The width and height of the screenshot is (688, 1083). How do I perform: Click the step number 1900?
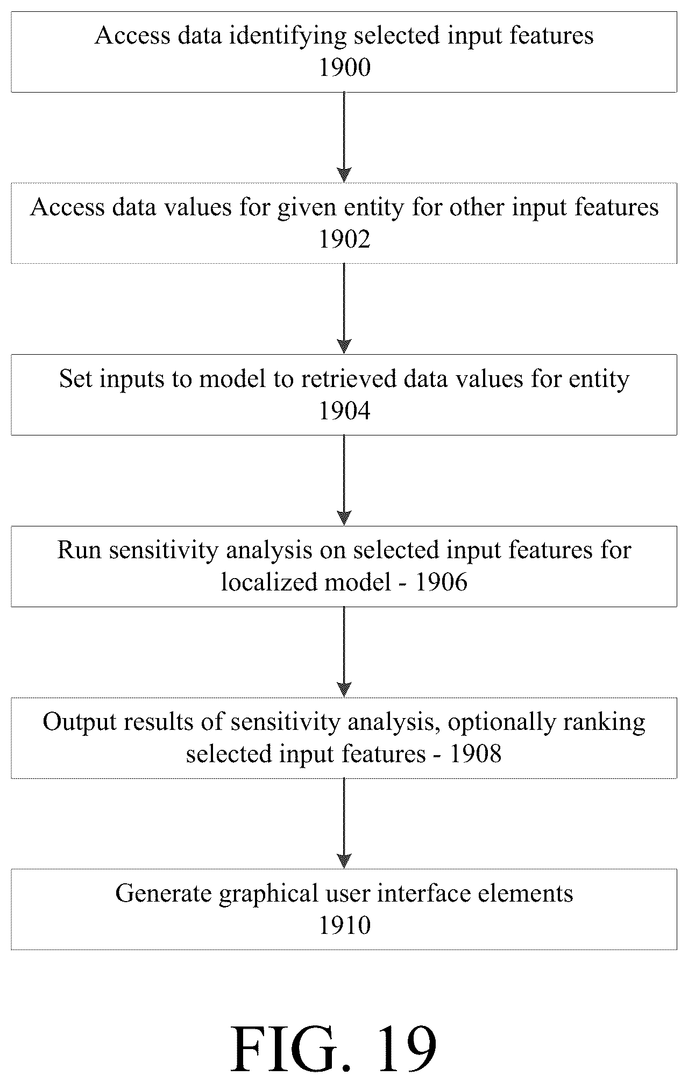345,68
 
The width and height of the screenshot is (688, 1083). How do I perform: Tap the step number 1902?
345,240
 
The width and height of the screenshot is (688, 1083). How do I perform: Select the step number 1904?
345,411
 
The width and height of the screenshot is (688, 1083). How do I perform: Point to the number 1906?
442,582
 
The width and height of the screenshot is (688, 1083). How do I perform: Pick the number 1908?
476,754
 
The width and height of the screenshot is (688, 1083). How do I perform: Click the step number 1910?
345,926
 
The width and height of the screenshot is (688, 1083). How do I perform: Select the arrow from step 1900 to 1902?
344,137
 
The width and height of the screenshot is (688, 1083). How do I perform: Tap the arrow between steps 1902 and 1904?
344,308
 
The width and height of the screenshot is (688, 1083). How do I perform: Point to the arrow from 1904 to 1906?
344,480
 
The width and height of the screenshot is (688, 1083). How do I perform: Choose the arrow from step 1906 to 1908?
344,652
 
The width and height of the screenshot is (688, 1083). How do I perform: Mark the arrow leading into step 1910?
344,824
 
